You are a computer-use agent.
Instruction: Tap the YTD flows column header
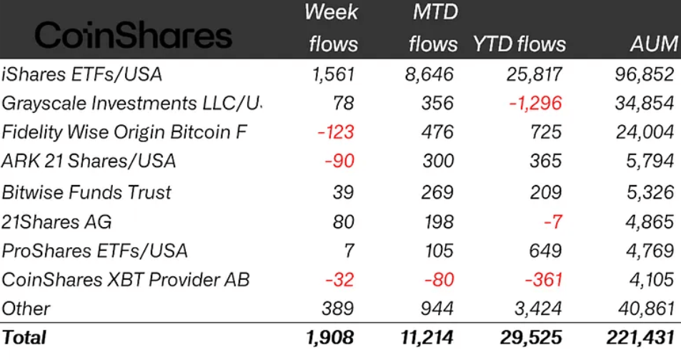519,44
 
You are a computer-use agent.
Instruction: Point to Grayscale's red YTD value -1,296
535,102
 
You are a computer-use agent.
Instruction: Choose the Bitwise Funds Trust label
86,191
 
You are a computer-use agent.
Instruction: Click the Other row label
26,309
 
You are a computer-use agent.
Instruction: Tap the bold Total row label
24,337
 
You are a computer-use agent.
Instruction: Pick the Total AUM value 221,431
640,337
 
